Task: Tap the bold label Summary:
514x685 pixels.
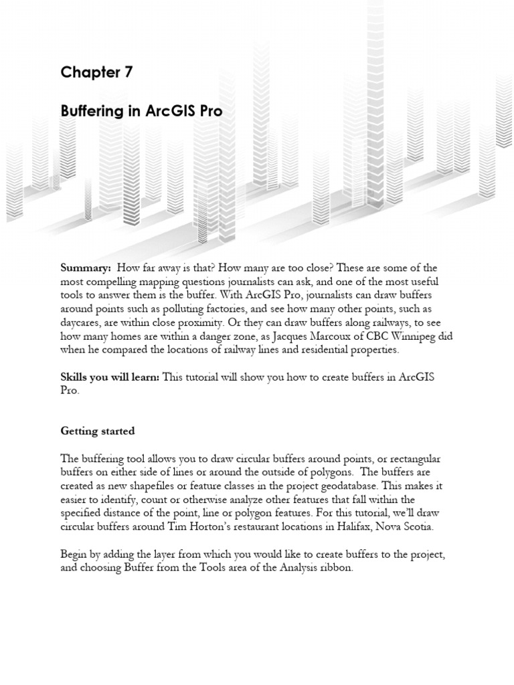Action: click(86, 268)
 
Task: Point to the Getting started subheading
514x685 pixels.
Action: click(98, 431)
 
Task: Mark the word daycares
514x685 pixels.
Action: click(82, 322)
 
